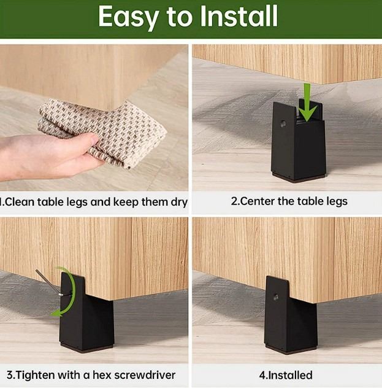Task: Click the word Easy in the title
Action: point(129,17)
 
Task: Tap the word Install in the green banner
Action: point(239,16)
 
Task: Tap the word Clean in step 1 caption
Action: point(19,202)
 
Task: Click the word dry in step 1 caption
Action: point(178,203)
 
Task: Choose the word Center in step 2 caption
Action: point(256,201)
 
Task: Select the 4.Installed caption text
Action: point(286,375)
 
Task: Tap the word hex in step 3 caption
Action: point(102,375)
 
